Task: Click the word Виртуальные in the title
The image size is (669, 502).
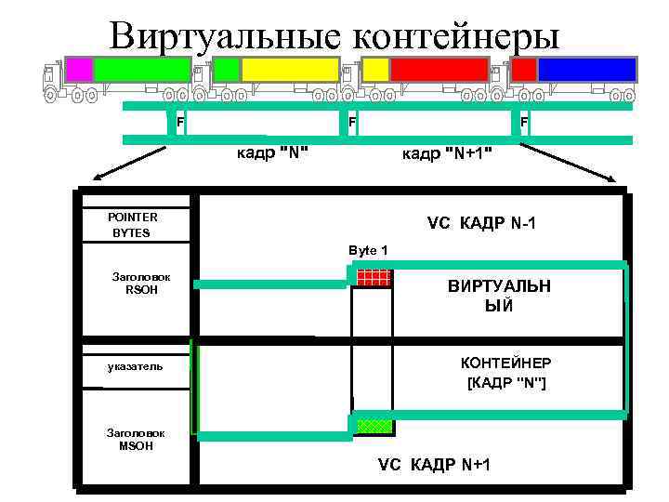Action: click(x=224, y=37)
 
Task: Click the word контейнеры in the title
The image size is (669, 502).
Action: click(x=456, y=37)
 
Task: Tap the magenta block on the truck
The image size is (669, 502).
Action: click(x=79, y=70)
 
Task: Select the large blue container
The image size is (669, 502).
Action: click(x=586, y=70)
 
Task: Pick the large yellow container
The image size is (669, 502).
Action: click(x=290, y=70)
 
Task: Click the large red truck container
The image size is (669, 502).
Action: click(x=439, y=70)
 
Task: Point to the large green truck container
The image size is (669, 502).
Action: click(x=141, y=70)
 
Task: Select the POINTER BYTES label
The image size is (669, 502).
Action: click(x=133, y=225)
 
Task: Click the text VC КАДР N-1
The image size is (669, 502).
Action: click(x=481, y=224)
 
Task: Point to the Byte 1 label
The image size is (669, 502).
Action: click(x=368, y=251)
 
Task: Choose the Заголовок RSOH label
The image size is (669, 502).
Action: click(x=136, y=283)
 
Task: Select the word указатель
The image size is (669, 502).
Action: click(x=135, y=366)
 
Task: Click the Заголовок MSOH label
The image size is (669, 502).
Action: click(x=136, y=440)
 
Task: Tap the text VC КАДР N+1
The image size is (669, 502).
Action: click(x=434, y=464)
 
